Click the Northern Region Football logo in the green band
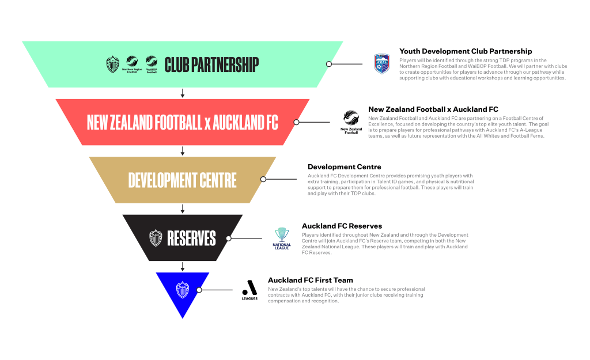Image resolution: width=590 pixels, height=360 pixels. coord(132,65)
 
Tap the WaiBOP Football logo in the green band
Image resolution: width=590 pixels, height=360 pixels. coord(152,65)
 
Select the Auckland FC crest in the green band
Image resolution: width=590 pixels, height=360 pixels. coord(112,65)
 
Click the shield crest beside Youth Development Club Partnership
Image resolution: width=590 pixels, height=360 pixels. coord(381,63)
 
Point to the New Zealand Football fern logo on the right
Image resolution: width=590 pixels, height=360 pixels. coord(351,122)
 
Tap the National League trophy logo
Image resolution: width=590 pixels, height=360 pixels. coord(282,238)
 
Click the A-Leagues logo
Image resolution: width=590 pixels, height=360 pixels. coord(249,290)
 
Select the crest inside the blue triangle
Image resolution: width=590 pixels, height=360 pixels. coord(183,290)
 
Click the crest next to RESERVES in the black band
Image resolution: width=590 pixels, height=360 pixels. coord(156,238)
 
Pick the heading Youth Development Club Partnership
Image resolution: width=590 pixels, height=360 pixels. coord(466,51)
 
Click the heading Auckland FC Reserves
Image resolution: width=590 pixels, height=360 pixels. coord(342,226)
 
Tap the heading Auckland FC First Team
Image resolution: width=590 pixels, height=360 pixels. coord(311,281)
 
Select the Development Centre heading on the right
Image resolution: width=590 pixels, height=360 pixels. coord(345,167)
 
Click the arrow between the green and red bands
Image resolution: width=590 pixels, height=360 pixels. coord(183,93)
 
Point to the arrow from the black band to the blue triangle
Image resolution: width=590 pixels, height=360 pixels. coord(183,267)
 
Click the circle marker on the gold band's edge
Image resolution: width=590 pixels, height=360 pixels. coord(263,179)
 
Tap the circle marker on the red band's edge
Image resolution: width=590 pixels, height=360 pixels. coord(297,122)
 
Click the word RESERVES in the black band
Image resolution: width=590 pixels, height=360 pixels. coord(191,238)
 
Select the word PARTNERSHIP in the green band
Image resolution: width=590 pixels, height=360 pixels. coord(225,65)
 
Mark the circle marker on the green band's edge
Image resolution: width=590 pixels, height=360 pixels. coord(329,64)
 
